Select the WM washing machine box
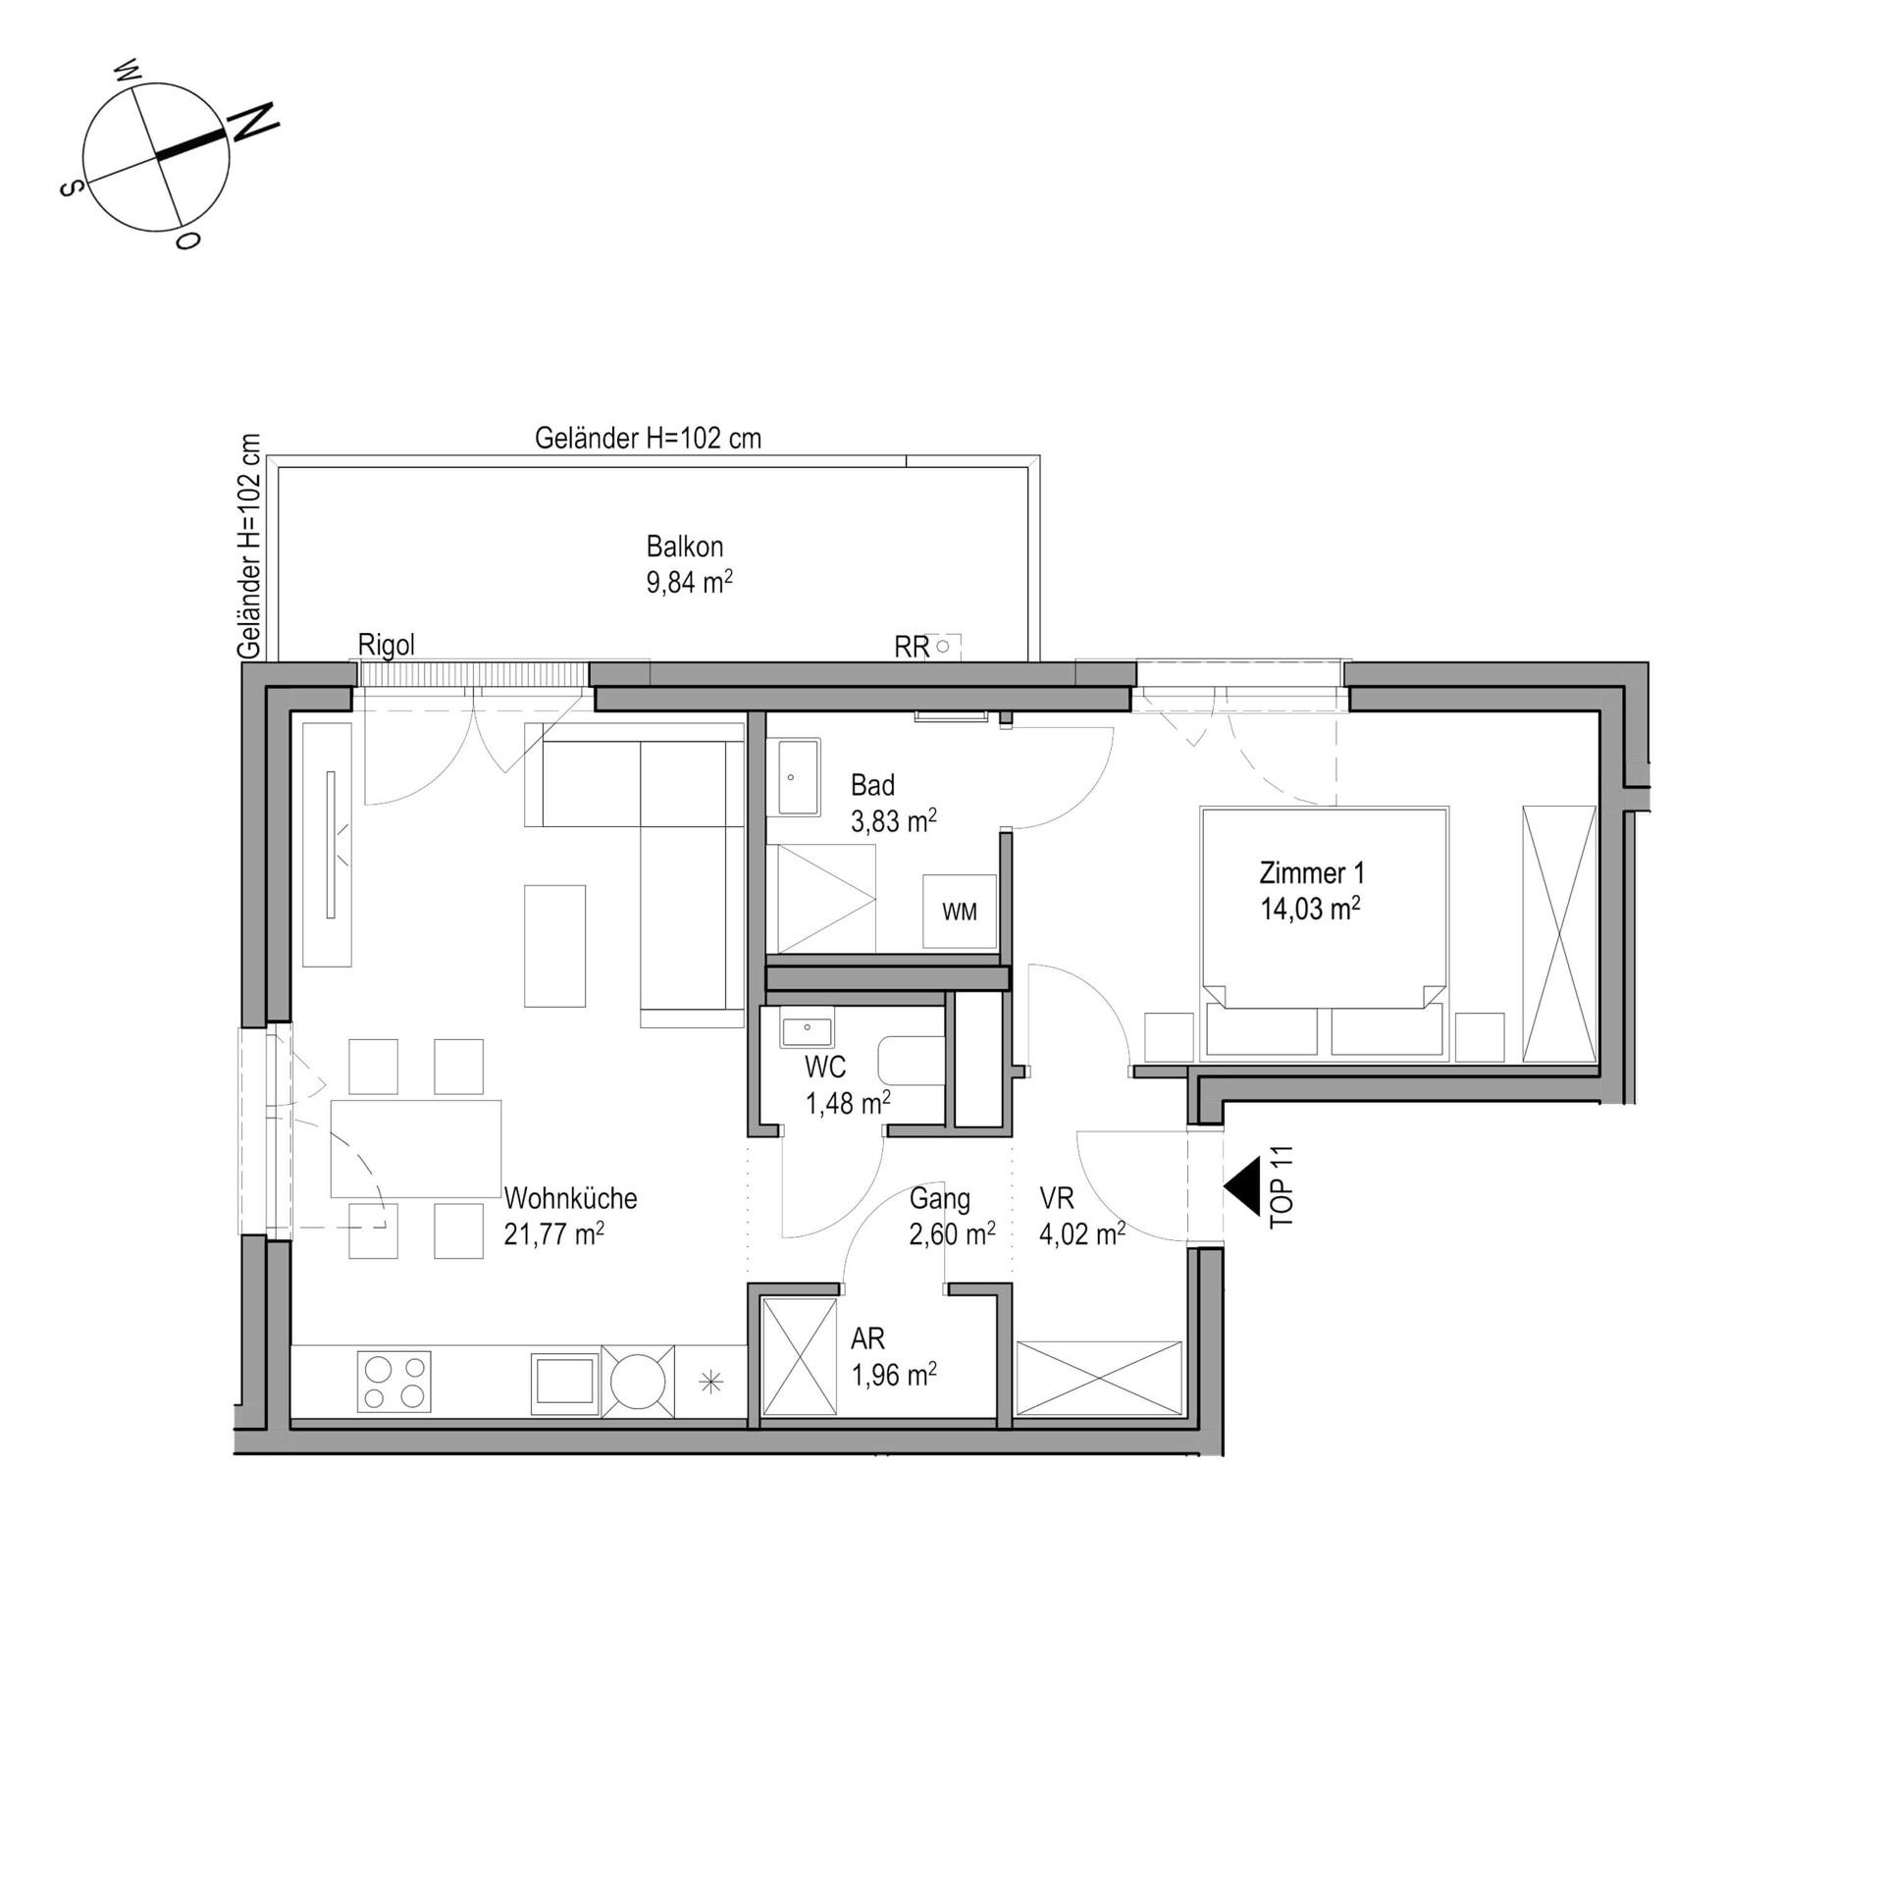[x=959, y=912]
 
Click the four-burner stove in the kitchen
[x=393, y=1382]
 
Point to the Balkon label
[x=685, y=547]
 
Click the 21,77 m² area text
[x=553, y=1233]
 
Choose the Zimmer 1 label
[x=1312, y=872]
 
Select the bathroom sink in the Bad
[x=798, y=778]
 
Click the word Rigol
[x=387, y=645]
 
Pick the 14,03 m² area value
[x=1310, y=909]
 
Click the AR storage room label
[x=867, y=1338]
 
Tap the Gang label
[x=940, y=1199]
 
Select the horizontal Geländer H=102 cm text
[x=648, y=439]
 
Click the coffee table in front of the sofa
[x=554, y=946]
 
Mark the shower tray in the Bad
[x=826, y=898]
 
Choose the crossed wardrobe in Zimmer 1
[x=1559, y=933]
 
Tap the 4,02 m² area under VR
[x=1082, y=1233]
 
